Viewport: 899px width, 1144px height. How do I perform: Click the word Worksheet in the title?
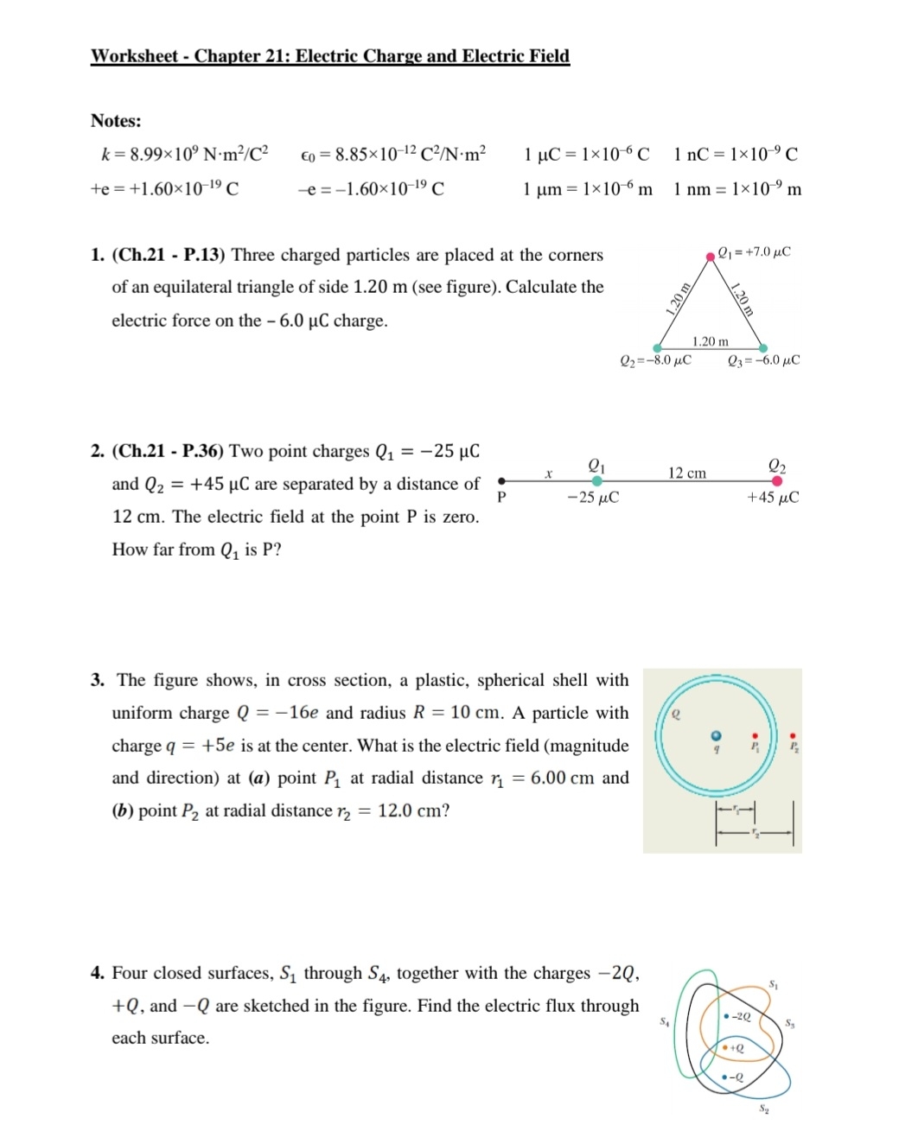point(134,56)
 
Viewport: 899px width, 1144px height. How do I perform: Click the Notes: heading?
point(116,121)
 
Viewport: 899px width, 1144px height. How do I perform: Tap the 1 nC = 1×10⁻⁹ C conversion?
point(736,155)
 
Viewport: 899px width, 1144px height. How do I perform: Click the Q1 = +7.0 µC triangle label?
point(754,252)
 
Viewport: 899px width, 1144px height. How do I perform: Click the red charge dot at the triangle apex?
point(710,254)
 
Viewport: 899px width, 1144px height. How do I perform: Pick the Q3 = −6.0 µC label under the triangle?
point(763,360)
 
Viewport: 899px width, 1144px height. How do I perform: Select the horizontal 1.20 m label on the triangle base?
point(710,341)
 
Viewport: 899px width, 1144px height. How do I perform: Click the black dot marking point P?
point(501,481)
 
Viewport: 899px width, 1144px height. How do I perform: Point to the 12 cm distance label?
point(686,473)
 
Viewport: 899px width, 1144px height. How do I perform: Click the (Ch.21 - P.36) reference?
point(169,451)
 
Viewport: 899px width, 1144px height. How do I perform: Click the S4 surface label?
point(665,1021)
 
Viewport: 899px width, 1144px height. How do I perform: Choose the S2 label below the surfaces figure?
point(764,1108)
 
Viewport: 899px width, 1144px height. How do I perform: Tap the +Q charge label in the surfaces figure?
point(736,1047)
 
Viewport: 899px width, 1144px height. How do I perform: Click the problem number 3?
point(98,681)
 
